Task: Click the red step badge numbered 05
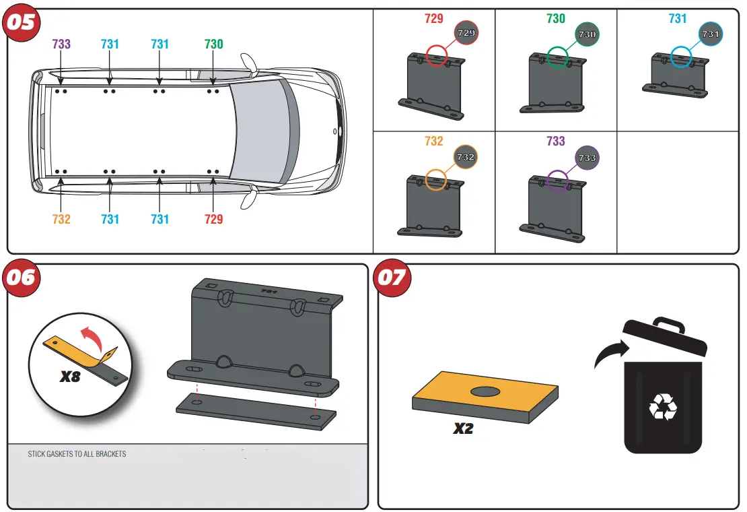pyautogui.click(x=22, y=22)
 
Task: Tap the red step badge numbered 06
pyautogui.click(x=22, y=277)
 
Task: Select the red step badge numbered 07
pyautogui.click(x=392, y=277)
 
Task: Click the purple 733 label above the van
pyautogui.click(x=61, y=44)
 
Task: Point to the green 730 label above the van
pyautogui.click(x=213, y=44)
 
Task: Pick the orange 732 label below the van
pyautogui.click(x=61, y=219)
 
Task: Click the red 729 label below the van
pyautogui.click(x=213, y=219)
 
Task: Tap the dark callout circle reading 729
pyautogui.click(x=466, y=32)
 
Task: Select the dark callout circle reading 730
pyautogui.click(x=587, y=34)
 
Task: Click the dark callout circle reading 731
pyautogui.click(x=710, y=34)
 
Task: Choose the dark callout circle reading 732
pyautogui.click(x=466, y=157)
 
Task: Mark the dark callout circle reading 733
pyautogui.click(x=587, y=158)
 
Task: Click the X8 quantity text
pyautogui.click(x=70, y=377)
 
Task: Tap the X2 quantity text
pyautogui.click(x=463, y=428)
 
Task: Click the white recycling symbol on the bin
pyautogui.click(x=663, y=407)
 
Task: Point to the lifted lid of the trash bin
pyautogui.click(x=665, y=336)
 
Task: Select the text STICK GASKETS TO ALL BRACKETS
pyautogui.click(x=77, y=454)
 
